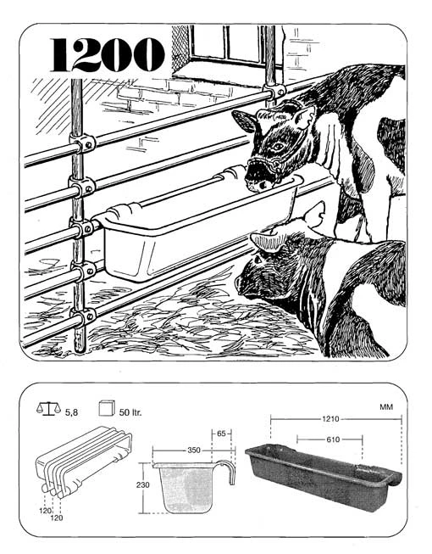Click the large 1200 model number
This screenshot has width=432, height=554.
click(x=108, y=55)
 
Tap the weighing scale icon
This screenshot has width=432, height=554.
click(x=48, y=409)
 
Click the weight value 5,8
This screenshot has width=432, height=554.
click(x=72, y=412)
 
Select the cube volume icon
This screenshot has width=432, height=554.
click(x=107, y=408)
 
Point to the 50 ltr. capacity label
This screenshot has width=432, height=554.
click(x=130, y=412)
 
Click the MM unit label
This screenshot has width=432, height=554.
click(x=386, y=407)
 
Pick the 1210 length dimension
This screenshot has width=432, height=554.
click(x=330, y=419)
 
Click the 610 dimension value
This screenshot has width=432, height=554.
click(x=333, y=439)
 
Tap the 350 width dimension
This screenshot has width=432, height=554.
click(x=194, y=450)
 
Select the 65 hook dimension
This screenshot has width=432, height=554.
click(x=221, y=434)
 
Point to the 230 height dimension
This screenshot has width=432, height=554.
click(x=143, y=484)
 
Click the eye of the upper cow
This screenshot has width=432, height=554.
click(x=278, y=145)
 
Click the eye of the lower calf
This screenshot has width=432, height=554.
click(x=257, y=260)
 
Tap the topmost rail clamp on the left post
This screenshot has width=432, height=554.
click(x=83, y=143)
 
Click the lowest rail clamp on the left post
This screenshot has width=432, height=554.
click(x=84, y=316)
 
